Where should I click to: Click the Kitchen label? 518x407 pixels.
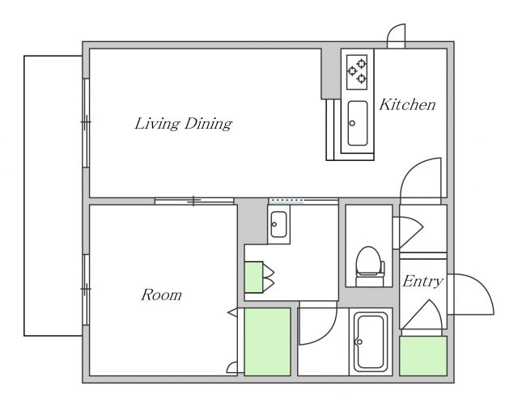click(x=407, y=104)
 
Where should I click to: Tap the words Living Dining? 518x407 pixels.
click(x=184, y=124)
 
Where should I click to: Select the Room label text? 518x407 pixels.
click(x=161, y=295)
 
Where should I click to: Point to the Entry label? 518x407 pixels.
click(x=422, y=282)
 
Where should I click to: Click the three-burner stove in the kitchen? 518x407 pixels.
click(x=357, y=72)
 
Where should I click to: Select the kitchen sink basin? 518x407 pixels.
click(x=358, y=123)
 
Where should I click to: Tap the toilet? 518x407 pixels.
click(x=369, y=266)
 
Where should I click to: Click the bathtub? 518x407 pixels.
click(x=371, y=342)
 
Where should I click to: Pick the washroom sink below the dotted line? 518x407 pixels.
click(x=278, y=224)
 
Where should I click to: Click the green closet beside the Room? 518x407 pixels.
click(x=267, y=341)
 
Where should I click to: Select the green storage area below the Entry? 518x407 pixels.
click(x=423, y=356)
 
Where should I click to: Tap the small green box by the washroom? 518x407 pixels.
click(x=253, y=277)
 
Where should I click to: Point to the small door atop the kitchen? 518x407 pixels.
click(x=396, y=36)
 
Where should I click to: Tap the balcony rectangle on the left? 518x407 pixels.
click(x=53, y=196)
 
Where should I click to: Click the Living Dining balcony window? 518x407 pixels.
click(x=86, y=122)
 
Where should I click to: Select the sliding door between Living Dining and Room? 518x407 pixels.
click(x=194, y=201)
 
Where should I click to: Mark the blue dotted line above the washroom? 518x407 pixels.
click(x=287, y=200)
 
